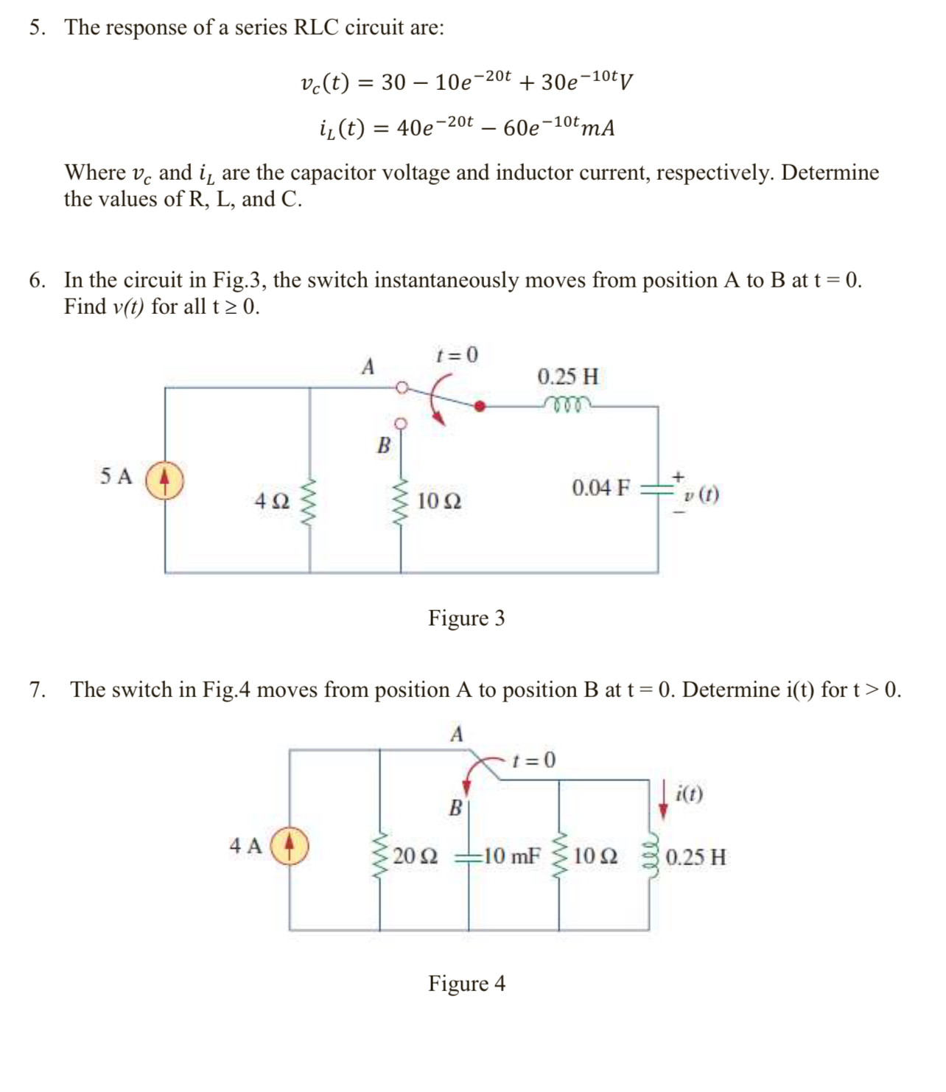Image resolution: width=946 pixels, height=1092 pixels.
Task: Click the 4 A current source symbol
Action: click(290, 846)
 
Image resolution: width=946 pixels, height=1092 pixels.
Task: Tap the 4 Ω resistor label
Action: click(271, 502)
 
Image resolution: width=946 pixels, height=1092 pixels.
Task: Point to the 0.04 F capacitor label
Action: click(600, 488)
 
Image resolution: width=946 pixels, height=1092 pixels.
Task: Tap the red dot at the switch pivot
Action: click(480, 405)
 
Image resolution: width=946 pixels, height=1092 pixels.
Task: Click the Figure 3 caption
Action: click(466, 617)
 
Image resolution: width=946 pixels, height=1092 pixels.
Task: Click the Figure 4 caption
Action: click(466, 983)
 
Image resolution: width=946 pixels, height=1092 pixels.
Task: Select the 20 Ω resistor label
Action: click(415, 856)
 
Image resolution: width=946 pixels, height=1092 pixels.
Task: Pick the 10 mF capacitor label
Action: click(512, 856)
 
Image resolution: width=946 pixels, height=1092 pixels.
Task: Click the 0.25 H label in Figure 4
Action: click(696, 857)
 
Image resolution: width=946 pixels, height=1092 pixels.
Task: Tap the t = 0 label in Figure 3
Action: click(457, 355)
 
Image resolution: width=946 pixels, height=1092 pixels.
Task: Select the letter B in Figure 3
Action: click(383, 446)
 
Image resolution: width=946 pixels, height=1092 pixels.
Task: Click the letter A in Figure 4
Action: click(457, 734)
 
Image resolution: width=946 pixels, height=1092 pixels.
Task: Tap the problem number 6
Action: click(36, 280)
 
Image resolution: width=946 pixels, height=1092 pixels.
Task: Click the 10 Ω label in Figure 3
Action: click(439, 502)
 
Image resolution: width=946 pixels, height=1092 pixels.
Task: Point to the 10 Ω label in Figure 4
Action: click(595, 856)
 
